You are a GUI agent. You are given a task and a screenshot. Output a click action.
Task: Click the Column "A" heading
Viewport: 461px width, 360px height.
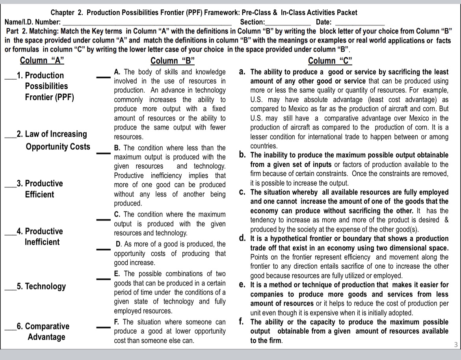(x=42, y=61)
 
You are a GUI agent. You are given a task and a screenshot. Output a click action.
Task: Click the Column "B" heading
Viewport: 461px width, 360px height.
(x=173, y=61)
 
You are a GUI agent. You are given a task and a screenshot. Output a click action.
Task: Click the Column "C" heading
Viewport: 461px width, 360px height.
(x=330, y=61)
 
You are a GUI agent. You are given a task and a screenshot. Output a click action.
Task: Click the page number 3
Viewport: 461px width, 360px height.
(x=455, y=345)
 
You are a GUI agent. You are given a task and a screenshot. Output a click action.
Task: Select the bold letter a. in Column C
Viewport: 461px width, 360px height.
(x=243, y=72)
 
